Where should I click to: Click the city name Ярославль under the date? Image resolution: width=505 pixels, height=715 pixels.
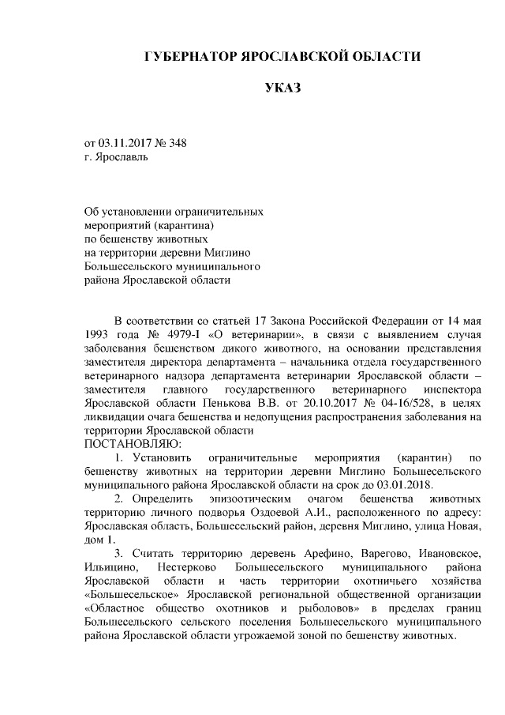120,156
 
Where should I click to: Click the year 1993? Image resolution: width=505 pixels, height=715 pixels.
100,333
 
